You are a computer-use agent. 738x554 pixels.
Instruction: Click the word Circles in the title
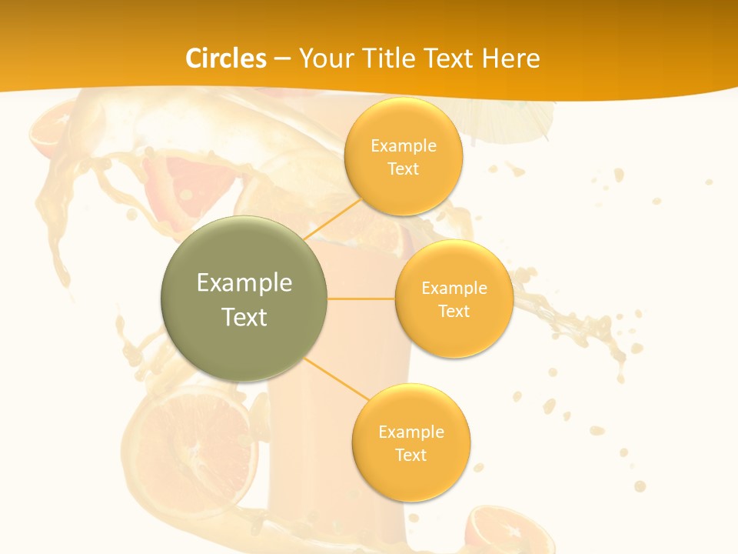226,58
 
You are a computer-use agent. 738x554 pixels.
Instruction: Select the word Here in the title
511,58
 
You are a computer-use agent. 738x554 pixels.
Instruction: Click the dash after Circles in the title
282,59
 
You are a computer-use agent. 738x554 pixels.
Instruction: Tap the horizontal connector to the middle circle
361,299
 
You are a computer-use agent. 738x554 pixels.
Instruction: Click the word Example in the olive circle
244,283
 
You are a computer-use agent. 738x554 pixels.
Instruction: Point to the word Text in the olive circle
244,317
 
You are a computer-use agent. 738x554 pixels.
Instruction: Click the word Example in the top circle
404,146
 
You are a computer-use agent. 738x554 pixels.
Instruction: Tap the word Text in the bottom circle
411,455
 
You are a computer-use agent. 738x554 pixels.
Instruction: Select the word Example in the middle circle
454,289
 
